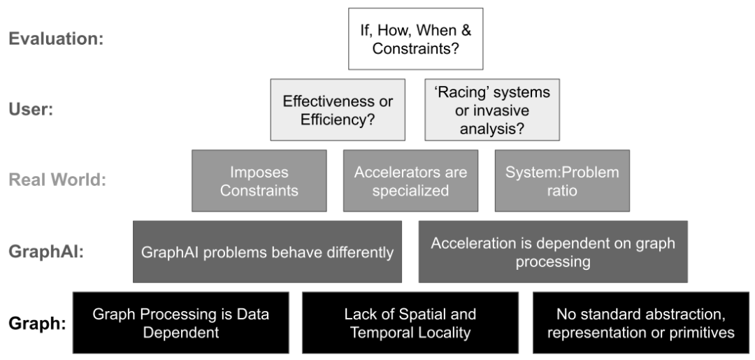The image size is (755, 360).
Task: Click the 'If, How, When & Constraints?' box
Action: pyautogui.click(x=415, y=39)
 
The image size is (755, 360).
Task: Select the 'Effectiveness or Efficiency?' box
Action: pyautogui.click(x=338, y=110)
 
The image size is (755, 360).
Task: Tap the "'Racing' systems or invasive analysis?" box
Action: pyautogui.click(x=492, y=110)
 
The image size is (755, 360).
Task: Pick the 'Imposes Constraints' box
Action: pyautogui.click(x=259, y=180)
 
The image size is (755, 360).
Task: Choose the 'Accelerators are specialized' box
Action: pyautogui.click(x=411, y=180)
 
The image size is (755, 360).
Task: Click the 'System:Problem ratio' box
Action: pyautogui.click(x=562, y=180)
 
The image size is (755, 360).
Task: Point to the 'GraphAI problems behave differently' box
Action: pyautogui.click(x=267, y=252)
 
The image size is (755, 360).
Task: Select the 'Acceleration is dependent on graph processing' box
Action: pyautogui.click(x=553, y=252)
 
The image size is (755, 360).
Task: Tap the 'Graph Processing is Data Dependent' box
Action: pyautogui.click(x=181, y=322)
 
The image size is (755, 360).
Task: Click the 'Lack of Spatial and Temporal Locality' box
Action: pyautogui.click(x=410, y=322)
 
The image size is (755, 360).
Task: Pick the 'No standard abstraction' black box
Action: pyautogui.click(x=641, y=322)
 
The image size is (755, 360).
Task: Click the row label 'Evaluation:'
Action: pyautogui.click(x=57, y=39)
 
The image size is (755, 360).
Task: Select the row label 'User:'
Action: pyautogui.click(x=31, y=110)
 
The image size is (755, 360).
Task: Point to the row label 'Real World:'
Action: pyautogui.click(x=57, y=180)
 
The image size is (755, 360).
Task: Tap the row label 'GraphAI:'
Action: pyautogui.click(x=46, y=252)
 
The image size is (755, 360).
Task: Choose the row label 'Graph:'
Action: pyautogui.click(x=37, y=323)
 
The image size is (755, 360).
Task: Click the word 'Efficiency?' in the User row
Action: pyautogui.click(x=338, y=120)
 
